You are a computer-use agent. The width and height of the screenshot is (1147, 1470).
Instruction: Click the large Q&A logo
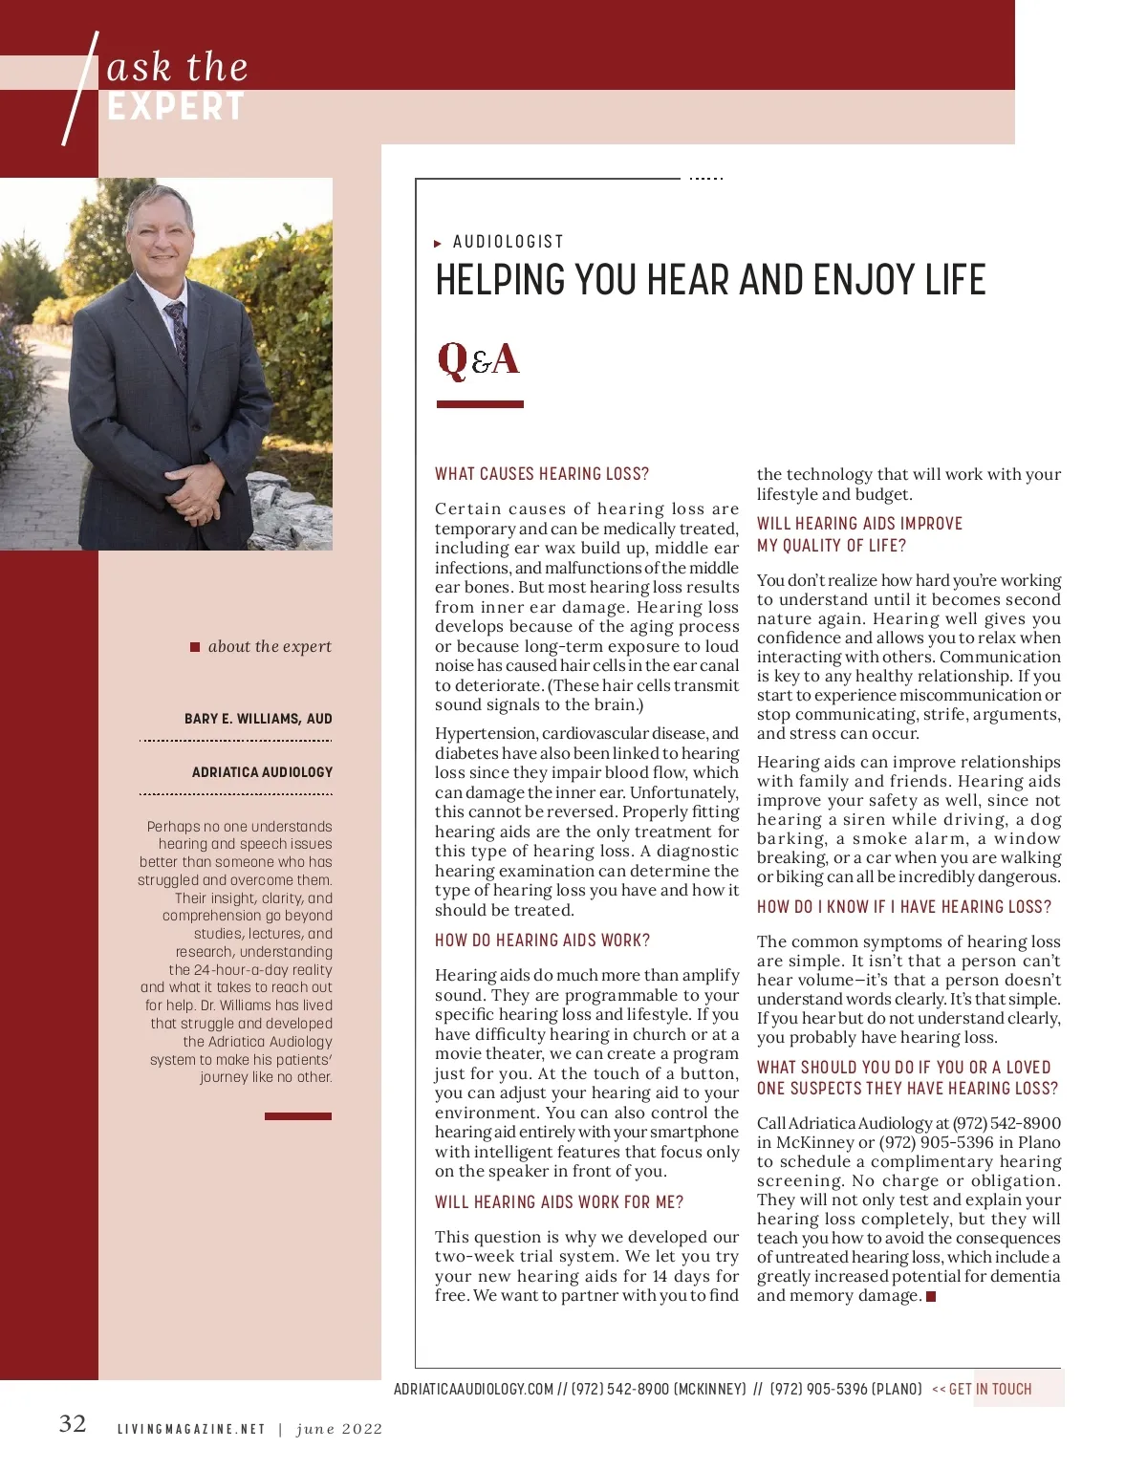478,360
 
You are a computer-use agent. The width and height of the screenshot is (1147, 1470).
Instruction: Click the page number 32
73,1424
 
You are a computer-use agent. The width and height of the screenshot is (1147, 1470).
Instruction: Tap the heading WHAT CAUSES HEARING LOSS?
542,474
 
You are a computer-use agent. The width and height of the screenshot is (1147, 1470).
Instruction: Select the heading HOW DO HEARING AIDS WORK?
542,940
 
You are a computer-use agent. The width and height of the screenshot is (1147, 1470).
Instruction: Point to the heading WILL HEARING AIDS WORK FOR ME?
559,1202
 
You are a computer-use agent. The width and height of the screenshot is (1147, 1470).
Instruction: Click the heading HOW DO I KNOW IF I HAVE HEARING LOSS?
903,907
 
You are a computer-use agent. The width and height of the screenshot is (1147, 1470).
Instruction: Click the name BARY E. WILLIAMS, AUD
258,719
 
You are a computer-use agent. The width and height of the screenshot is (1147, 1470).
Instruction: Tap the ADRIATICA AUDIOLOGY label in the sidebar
262,772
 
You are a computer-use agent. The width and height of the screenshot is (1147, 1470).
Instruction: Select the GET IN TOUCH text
989,1390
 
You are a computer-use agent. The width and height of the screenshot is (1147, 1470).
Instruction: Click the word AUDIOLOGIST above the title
509,242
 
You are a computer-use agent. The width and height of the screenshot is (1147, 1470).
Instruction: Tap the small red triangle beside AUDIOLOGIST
438,244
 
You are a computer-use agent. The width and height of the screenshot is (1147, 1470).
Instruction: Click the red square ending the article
931,1297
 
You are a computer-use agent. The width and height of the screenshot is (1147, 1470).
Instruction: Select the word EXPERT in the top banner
176,107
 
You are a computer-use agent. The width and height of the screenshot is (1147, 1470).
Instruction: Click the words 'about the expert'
270,647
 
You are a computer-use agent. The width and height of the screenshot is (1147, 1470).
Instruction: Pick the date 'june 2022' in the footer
339,1430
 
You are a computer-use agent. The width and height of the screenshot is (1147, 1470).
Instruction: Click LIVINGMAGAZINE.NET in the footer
191,1430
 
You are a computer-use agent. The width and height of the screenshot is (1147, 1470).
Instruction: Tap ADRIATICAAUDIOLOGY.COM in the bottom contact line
473,1390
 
